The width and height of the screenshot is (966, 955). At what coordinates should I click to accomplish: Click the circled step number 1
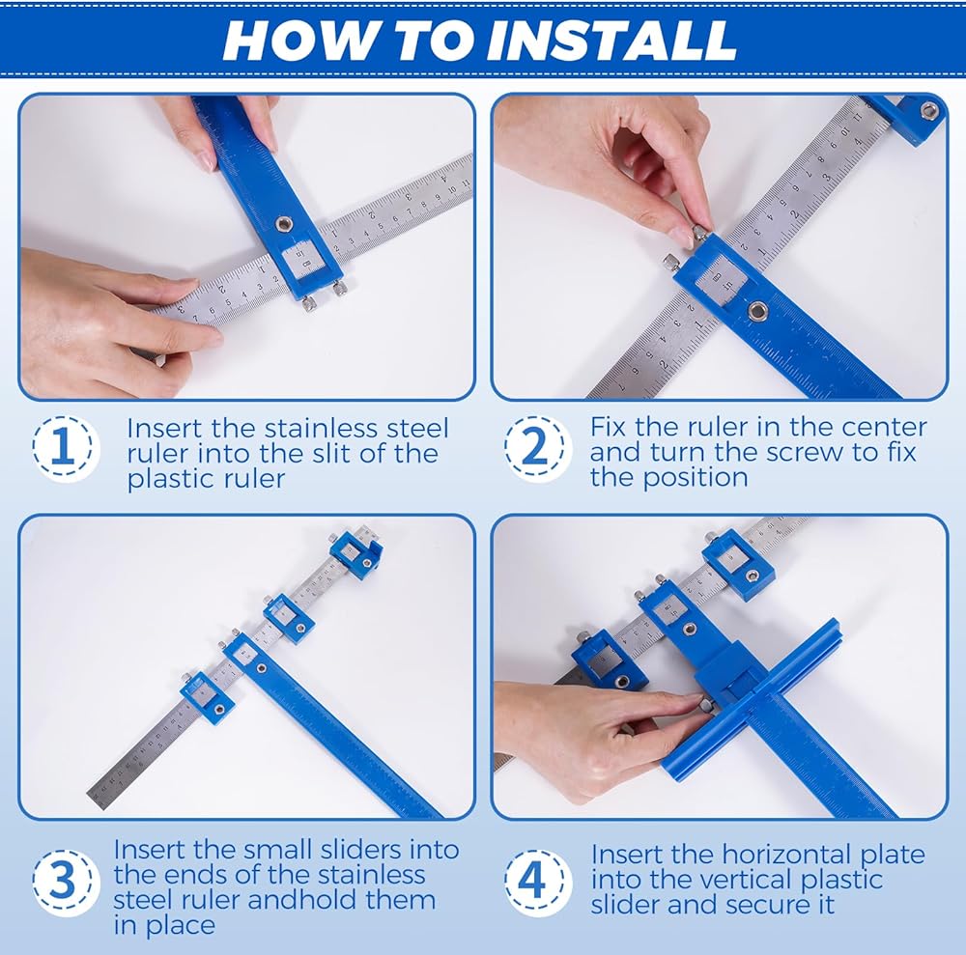(63, 448)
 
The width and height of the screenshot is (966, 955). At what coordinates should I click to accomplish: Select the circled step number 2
(535, 448)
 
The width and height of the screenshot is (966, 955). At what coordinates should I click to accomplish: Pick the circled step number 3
(63, 881)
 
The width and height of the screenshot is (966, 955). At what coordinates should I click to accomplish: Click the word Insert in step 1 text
(164, 428)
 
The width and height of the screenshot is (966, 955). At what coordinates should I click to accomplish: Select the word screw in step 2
(802, 453)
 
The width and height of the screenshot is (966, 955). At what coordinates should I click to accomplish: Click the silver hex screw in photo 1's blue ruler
(284, 224)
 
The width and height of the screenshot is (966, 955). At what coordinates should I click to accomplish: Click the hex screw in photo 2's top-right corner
(929, 111)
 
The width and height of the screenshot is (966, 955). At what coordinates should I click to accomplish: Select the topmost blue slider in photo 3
(355, 551)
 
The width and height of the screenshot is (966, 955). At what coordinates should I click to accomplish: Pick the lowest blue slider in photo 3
(207, 698)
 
